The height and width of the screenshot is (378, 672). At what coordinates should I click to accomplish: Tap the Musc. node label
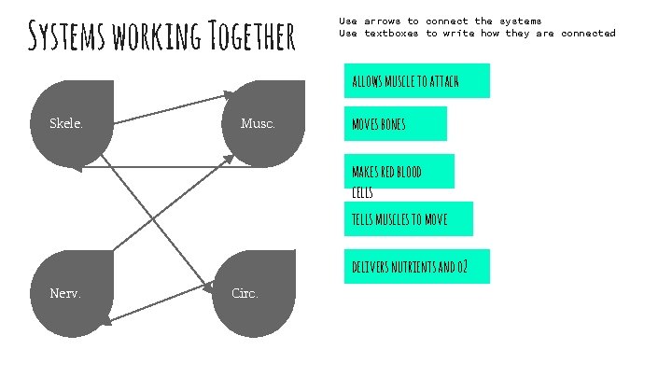[x=258, y=124]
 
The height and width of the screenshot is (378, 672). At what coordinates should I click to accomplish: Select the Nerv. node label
[x=65, y=293]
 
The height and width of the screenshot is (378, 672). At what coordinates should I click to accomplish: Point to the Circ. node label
[x=245, y=293]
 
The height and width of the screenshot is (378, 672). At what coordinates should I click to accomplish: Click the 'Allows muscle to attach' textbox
[x=416, y=81]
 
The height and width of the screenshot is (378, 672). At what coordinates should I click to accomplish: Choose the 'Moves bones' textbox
[x=395, y=124]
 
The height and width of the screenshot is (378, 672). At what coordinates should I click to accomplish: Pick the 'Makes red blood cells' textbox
[x=399, y=172]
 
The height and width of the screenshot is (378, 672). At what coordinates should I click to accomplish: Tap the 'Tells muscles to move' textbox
[x=408, y=219]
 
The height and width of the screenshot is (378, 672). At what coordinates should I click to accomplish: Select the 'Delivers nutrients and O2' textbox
[x=416, y=267]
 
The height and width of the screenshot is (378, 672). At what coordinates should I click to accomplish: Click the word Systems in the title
[x=66, y=36]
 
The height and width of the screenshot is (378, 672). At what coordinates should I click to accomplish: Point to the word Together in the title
[x=248, y=36]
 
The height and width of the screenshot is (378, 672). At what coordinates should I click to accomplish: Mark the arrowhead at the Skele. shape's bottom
[x=79, y=168]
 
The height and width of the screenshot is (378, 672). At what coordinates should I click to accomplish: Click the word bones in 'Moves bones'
[x=390, y=124]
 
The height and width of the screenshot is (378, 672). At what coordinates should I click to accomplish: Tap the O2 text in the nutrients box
[x=461, y=267]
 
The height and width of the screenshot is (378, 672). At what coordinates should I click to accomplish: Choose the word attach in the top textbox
[x=444, y=81]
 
